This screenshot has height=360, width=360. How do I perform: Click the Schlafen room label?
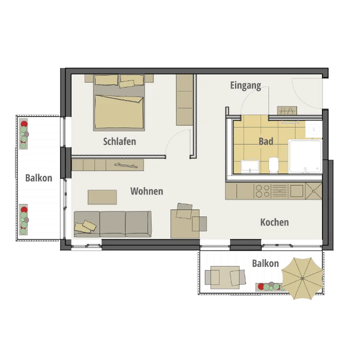click(119, 141)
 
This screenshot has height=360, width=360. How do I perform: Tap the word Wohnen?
click(146, 191)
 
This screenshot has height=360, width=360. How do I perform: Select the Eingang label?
click(245, 85)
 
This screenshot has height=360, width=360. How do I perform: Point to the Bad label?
click(266, 141)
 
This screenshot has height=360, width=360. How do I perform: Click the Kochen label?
click(274, 222)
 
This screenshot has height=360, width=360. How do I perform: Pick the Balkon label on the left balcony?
click(38, 178)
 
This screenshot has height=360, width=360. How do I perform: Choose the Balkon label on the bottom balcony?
click(265, 263)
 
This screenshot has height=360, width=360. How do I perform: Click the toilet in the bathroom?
click(273, 165)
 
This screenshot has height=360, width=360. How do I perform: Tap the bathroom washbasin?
click(250, 166)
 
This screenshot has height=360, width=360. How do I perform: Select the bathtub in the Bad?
click(305, 156)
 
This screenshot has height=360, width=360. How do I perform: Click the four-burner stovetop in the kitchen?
click(262, 191)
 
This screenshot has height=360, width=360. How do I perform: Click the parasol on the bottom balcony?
click(302, 278)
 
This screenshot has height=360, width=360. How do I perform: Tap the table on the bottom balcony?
click(225, 277)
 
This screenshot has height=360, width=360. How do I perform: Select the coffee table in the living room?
click(102, 197)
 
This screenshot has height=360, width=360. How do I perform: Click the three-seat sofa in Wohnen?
click(112, 224)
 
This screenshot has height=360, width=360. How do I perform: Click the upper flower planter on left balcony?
click(23, 134)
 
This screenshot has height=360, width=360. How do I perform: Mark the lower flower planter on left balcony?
click(23, 219)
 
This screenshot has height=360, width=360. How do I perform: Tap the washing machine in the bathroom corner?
click(313, 129)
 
